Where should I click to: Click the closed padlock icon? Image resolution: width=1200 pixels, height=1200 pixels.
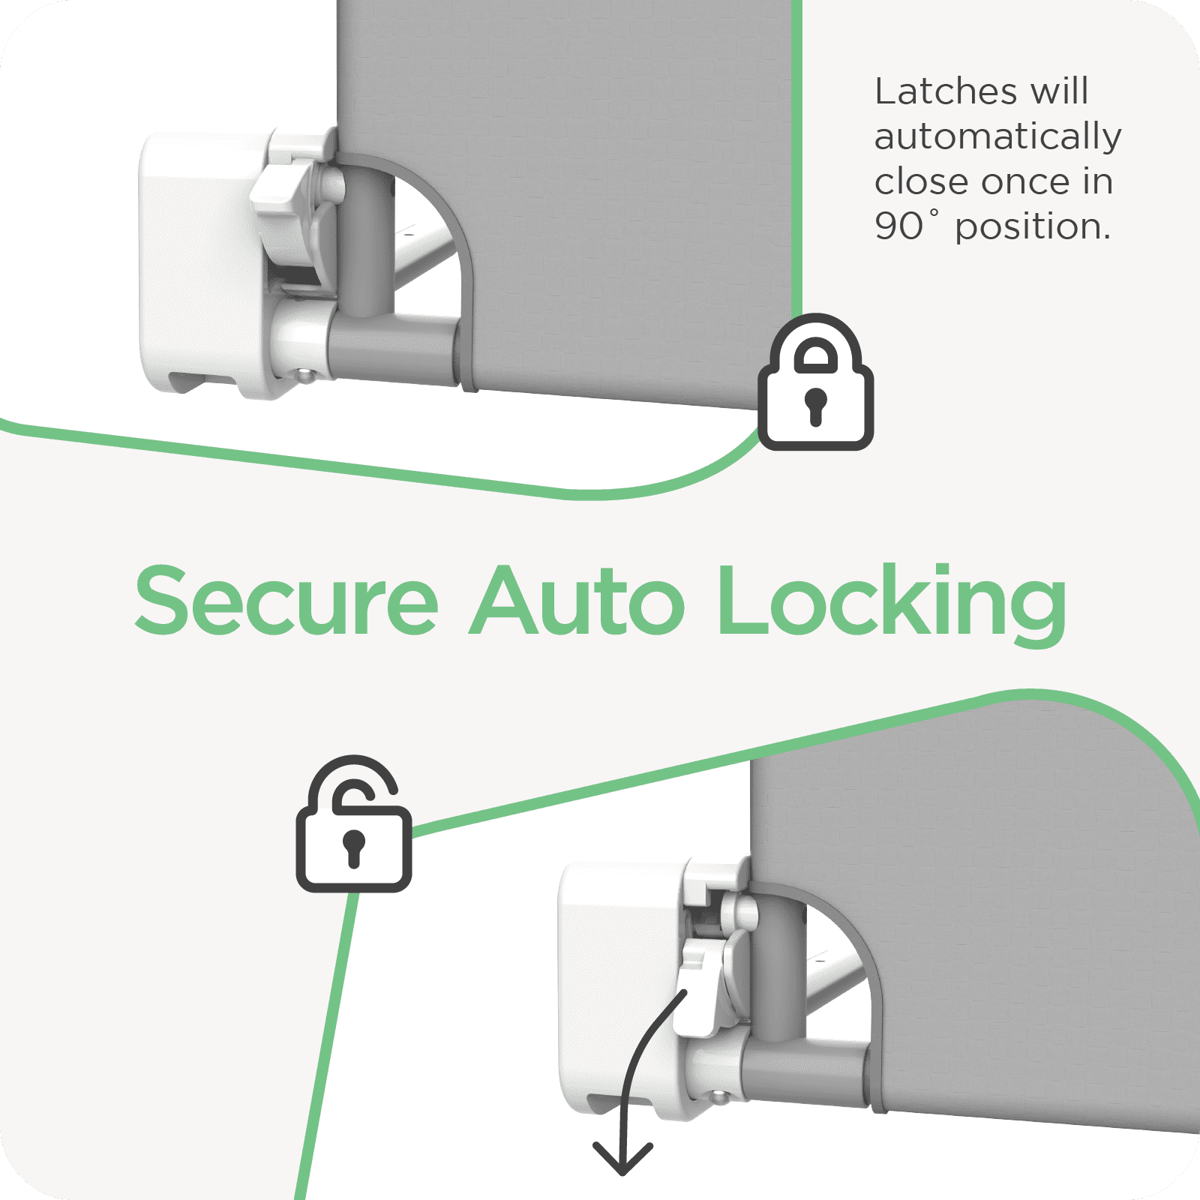coord(815,382)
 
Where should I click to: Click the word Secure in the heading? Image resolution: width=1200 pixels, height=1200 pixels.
coord(286,601)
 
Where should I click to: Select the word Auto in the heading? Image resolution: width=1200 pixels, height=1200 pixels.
coord(577,601)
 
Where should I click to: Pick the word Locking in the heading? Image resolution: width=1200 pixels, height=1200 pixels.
coord(892,604)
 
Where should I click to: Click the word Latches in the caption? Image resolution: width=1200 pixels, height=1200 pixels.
coord(946,91)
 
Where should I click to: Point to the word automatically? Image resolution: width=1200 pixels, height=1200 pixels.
coord(998,137)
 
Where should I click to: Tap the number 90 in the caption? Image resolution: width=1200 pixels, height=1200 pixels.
coord(898,226)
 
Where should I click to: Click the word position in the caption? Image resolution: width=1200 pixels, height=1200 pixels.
coord(1032,227)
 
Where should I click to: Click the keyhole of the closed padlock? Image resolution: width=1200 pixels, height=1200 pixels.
coord(815,406)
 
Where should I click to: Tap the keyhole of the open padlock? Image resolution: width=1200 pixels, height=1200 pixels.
coord(353,847)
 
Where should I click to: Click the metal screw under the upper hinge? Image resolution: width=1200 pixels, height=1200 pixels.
coord(304,374)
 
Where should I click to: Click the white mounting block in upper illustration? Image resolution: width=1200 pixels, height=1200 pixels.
coord(202,262)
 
